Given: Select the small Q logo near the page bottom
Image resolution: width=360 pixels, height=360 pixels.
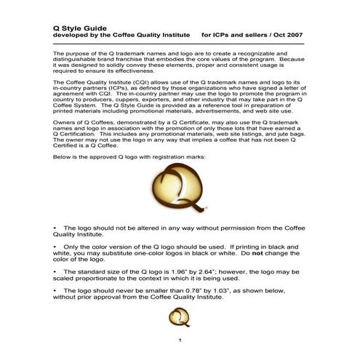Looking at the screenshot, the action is click(179, 316).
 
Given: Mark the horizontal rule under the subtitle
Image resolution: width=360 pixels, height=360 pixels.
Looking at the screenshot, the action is click(180, 44).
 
